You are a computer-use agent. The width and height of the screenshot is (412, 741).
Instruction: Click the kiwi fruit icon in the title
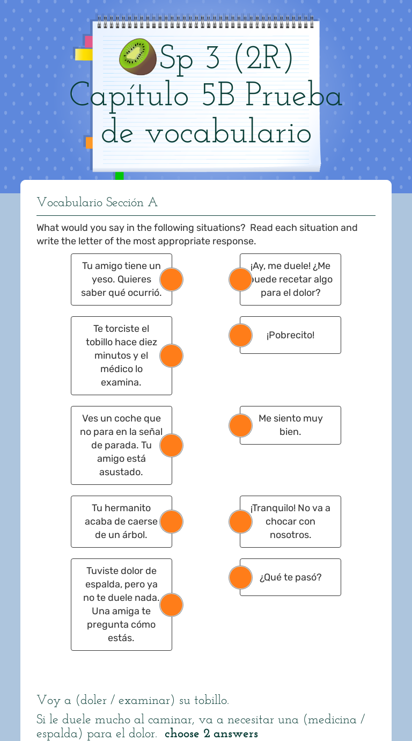pos(138,56)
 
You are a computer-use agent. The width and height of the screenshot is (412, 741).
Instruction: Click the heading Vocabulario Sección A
pos(97,202)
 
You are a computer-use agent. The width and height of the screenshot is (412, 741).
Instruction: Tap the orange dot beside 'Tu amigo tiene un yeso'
pos(172,279)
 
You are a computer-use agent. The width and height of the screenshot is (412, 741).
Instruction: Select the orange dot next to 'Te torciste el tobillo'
pos(172,355)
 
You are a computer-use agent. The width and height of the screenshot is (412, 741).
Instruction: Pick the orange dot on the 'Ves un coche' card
pos(172,445)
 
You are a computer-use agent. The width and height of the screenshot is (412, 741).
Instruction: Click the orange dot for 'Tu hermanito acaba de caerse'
pos(172,521)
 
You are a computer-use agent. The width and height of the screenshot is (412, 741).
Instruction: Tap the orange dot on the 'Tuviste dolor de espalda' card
pos(172,605)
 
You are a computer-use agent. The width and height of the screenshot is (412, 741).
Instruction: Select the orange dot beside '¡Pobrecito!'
pos(240,335)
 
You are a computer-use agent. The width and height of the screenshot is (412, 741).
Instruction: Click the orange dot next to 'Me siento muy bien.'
pos(240,425)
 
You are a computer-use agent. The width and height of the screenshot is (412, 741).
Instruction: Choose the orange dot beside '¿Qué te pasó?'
pos(240,577)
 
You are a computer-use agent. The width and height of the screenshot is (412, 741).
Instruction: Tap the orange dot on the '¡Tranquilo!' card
pos(240,521)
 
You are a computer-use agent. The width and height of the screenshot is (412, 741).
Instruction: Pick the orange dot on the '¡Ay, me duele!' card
pos(240,279)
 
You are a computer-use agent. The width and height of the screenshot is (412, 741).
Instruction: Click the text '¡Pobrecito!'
pos(290,335)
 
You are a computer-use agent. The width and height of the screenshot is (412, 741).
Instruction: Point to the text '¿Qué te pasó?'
pos(290,577)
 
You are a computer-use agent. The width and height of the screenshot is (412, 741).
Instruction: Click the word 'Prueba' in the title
pos(293,96)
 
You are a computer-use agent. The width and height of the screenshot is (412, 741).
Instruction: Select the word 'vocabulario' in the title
pos(228,133)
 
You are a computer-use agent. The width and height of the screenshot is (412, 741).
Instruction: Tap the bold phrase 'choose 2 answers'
pos(211,733)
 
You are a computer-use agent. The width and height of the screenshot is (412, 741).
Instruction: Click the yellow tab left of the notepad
pos(83,55)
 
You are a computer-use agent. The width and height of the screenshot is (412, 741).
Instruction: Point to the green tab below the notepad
pos(119,176)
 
